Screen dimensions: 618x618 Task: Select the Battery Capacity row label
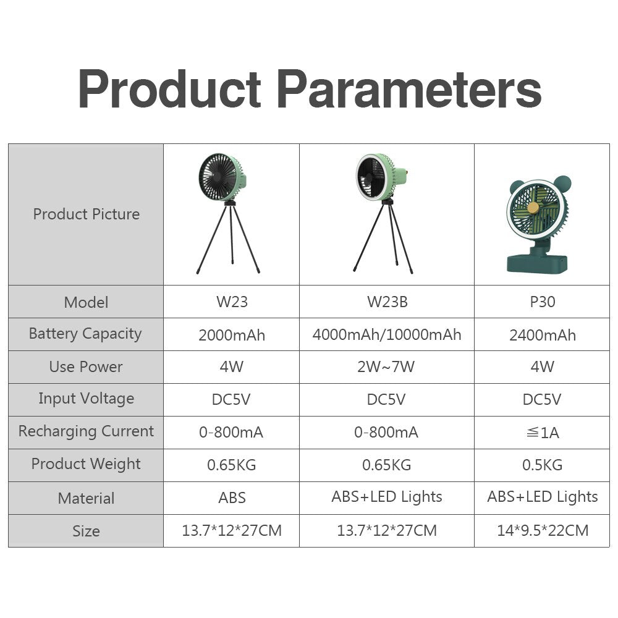point(85,334)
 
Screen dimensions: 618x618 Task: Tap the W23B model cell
point(387,302)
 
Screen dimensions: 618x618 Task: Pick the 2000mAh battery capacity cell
point(232,335)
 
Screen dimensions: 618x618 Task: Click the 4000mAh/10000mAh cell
point(387,335)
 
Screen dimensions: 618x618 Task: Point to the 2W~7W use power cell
point(387,367)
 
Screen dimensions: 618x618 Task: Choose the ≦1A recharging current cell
point(542,433)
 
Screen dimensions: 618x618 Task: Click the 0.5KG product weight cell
point(542,465)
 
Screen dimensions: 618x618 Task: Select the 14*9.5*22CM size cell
point(542,530)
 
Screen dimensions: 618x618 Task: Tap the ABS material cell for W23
point(232,497)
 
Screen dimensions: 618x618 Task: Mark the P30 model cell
point(542,302)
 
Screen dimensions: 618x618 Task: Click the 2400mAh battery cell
point(542,335)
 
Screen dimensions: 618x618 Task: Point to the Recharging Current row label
point(86,431)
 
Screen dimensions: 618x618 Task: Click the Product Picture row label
point(86,214)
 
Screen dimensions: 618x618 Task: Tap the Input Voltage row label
point(86,399)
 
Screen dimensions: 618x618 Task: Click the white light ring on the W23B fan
point(360,179)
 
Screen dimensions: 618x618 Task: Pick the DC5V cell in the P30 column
point(542,400)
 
